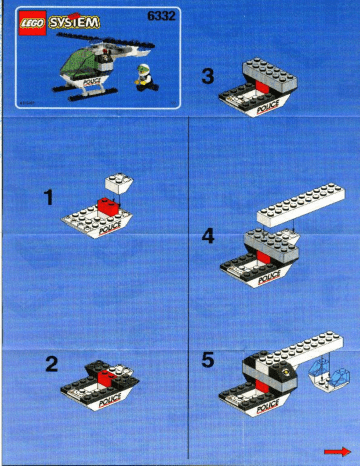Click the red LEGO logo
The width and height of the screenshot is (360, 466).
tap(32, 23)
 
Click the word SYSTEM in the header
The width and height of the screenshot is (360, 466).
tap(74, 22)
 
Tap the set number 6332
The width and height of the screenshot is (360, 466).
tap(161, 16)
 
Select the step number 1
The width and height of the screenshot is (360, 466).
tap(49, 197)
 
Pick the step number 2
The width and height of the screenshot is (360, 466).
tap(52, 364)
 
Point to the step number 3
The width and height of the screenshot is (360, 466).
tap(208, 76)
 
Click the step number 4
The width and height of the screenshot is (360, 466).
tap(208, 236)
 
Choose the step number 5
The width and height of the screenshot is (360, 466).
tap(208, 360)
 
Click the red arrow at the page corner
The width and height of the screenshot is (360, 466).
tap(337, 452)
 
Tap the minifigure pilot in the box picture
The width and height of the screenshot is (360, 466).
tap(146, 78)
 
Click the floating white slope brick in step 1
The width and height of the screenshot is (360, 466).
tap(119, 183)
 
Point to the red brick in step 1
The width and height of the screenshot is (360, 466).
tap(108, 206)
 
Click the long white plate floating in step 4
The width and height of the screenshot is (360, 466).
tap(301, 204)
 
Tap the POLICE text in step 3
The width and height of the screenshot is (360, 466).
tap(268, 107)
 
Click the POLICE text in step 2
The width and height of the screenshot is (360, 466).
tap(110, 400)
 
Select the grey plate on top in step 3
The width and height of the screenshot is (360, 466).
tap(270, 75)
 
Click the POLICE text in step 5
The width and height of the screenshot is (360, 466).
tap(268, 407)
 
